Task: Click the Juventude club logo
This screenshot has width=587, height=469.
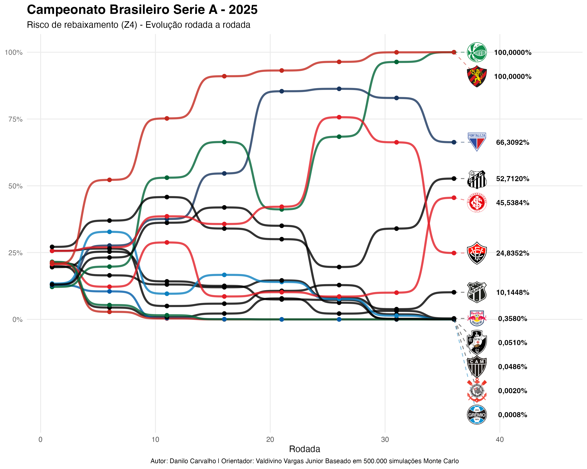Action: click(x=476, y=52)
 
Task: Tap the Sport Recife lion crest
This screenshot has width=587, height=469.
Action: click(x=476, y=76)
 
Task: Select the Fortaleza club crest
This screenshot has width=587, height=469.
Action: click(x=476, y=142)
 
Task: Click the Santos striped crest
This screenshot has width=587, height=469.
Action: click(x=476, y=179)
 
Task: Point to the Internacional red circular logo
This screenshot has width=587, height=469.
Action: click(x=476, y=203)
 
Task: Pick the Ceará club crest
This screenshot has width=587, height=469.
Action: click(x=476, y=292)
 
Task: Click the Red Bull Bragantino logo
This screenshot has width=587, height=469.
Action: click(x=476, y=318)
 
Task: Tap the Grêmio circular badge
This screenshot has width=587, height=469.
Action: click(x=476, y=415)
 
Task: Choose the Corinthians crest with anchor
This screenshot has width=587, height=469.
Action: click(x=476, y=391)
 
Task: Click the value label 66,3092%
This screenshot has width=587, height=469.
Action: click(x=512, y=142)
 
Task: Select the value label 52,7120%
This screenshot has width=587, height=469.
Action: click(x=512, y=179)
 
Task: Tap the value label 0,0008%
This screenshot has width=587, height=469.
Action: click(x=512, y=415)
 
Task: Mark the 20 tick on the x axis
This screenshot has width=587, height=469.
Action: click(x=270, y=440)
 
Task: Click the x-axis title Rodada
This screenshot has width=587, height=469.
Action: click(x=304, y=449)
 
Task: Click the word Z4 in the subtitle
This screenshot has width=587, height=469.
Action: click(x=130, y=25)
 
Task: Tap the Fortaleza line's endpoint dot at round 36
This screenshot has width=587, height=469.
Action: click(x=454, y=142)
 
